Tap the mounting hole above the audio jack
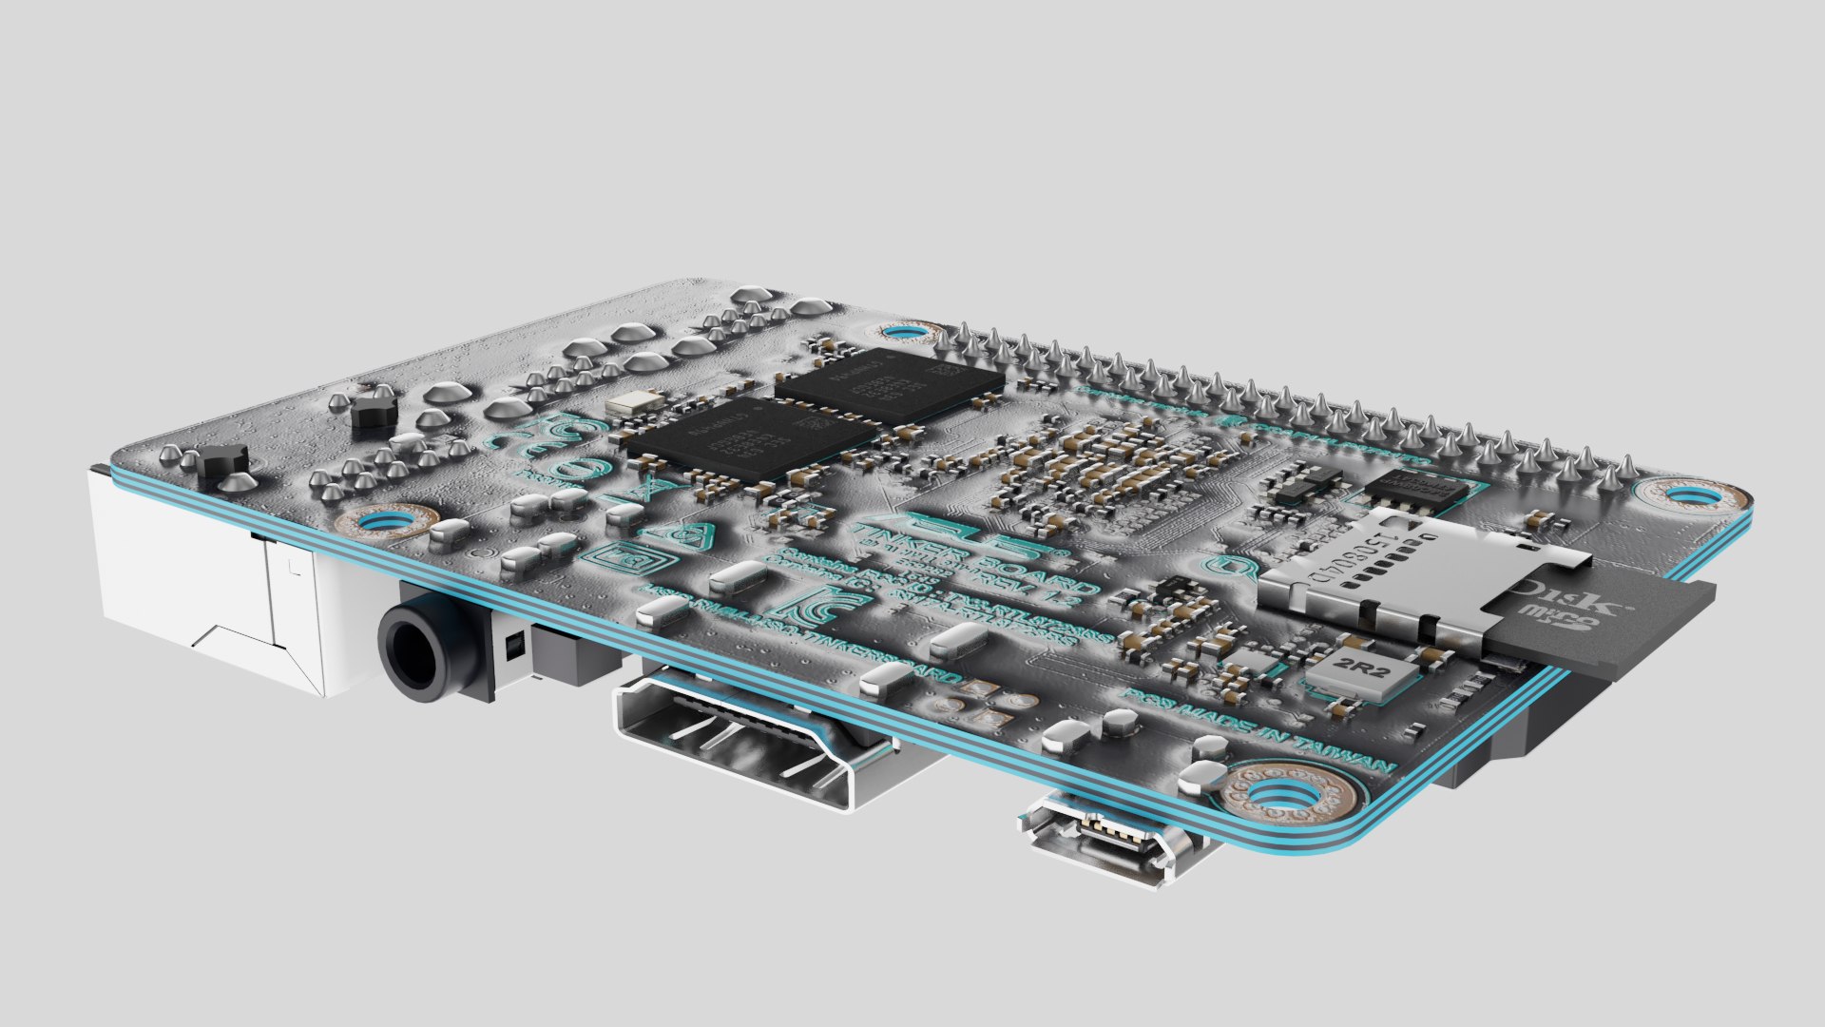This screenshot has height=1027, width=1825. coord(385,521)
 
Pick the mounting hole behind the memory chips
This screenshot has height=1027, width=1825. coord(902,333)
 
